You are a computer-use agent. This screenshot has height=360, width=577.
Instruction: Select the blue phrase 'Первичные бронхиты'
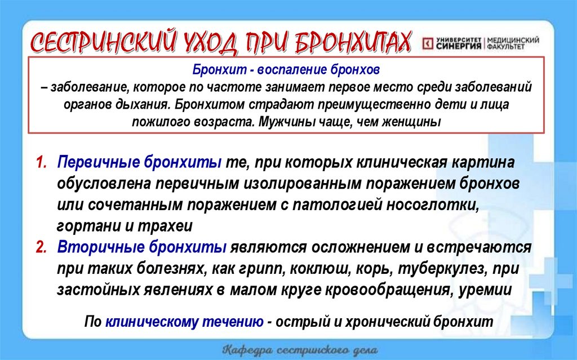click(139, 163)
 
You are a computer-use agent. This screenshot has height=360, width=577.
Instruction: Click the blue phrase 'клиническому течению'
click(184, 322)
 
